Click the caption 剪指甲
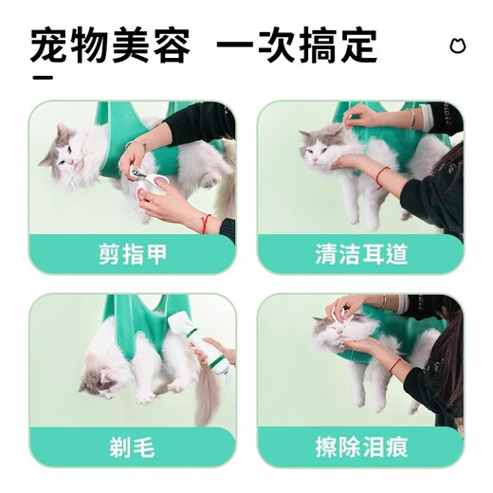(132, 254)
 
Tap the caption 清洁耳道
(360, 254)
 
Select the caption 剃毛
(132, 446)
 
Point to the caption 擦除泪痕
(360, 446)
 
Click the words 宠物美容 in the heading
(110, 45)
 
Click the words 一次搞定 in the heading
(297, 45)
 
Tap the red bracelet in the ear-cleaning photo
(382, 176)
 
